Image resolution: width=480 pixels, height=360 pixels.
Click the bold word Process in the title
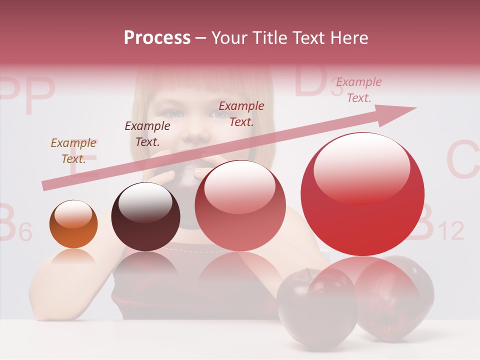(157, 38)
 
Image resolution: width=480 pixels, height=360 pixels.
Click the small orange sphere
(73, 224)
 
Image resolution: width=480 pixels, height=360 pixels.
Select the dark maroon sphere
(145, 216)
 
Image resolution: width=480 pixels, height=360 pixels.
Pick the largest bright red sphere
(362, 194)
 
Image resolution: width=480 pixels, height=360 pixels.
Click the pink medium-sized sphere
(240, 205)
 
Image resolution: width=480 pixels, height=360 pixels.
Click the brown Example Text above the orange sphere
(73, 151)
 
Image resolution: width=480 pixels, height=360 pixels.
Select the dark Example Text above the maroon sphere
(147, 133)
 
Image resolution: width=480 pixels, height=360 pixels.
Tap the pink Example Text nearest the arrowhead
(358, 90)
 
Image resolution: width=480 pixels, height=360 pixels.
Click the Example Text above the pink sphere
(241, 113)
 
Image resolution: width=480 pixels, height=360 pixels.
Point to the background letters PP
(27, 95)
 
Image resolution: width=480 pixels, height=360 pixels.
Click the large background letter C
(463, 160)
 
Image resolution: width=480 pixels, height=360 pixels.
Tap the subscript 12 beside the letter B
(450, 231)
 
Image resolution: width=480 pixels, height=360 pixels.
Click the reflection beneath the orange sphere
(73, 257)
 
